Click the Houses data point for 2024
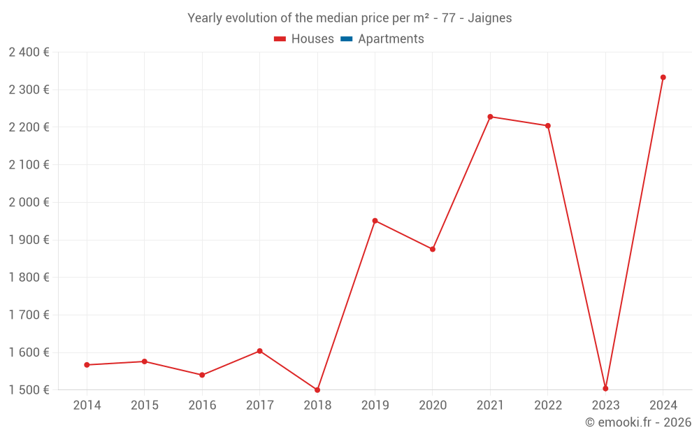pos(663,78)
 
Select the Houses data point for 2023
pos(605,389)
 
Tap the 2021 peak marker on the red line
pos(490,117)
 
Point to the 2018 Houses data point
pos(317,390)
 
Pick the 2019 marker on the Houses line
pos(375,221)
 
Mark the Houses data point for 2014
pos(87,365)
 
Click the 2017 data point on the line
pos(259,351)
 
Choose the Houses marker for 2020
pos(433,249)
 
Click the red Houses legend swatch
pos(280,39)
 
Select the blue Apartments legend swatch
pos(346,39)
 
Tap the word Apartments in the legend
pos(391,39)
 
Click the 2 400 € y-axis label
pos(29,52)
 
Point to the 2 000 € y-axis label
pos(29,203)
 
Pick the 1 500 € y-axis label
pos(29,390)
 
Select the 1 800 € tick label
pos(29,278)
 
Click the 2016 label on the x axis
pos(202,406)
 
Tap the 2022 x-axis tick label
pos(547,406)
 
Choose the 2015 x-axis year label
pos(145,406)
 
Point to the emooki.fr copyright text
pos(637,422)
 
